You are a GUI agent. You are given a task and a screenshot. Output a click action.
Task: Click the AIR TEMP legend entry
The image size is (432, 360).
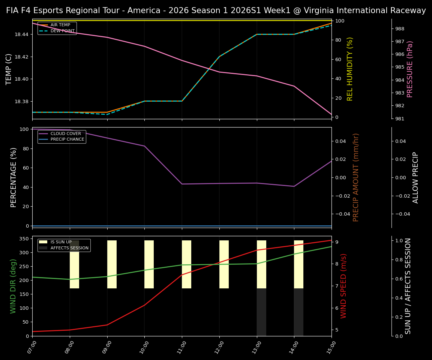60,25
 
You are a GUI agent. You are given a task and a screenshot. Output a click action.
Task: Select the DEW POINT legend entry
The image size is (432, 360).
63,31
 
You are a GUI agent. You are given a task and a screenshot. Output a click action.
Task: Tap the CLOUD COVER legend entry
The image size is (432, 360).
66,133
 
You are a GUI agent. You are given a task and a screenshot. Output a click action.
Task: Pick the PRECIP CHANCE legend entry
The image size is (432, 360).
67,139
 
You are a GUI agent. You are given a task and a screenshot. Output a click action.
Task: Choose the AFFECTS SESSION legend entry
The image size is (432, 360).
69,248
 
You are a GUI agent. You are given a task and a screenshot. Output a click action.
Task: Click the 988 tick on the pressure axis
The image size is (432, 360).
400,28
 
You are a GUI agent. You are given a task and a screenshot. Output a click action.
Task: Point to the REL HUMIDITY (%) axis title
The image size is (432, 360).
350,69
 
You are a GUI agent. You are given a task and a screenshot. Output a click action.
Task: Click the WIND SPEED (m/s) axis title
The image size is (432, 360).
343,286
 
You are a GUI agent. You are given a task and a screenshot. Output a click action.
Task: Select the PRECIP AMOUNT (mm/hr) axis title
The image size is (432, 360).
356,177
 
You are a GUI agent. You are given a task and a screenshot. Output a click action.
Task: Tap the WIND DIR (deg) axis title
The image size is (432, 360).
13,286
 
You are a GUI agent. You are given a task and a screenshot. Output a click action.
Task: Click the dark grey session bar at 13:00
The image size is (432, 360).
261,312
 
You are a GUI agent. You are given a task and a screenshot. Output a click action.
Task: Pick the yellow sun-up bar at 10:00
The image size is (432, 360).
149,264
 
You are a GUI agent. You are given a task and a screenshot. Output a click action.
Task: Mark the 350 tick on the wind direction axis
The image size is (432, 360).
24,238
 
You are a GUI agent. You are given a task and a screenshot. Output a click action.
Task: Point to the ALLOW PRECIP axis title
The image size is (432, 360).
415,177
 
